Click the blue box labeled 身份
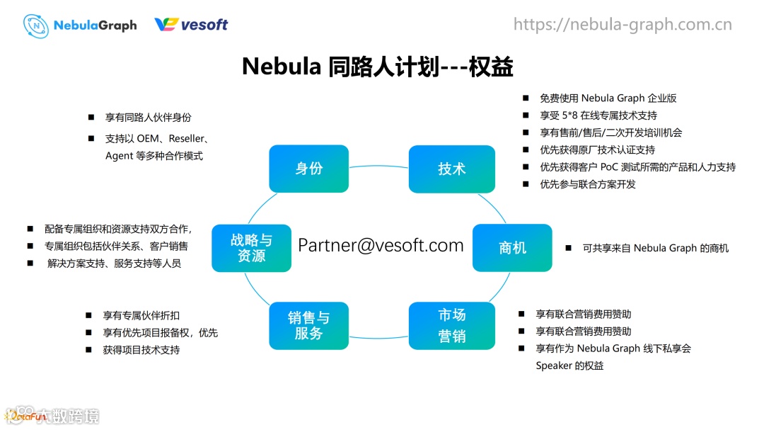pyautogui.click(x=309, y=169)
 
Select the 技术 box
pyautogui.click(x=451, y=169)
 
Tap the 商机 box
pyautogui.click(x=512, y=247)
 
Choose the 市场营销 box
pyautogui.click(x=451, y=325)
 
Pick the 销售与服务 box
pyautogui.click(x=309, y=325)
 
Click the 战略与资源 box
pyautogui.click(x=251, y=247)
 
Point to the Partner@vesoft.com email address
pyautogui.click(x=381, y=245)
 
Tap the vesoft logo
pyautogui.click(x=191, y=25)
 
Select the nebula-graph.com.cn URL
pyautogui.click(x=623, y=25)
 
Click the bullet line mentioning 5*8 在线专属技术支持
pyautogui.click(x=598, y=115)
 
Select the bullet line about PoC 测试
pyautogui.click(x=637, y=167)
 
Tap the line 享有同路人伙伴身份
pyautogui.click(x=148, y=118)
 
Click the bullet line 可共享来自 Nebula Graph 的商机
pyautogui.click(x=655, y=248)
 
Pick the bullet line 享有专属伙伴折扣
pyautogui.click(x=141, y=315)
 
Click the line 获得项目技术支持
pyautogui.click(x=141, y=350)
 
